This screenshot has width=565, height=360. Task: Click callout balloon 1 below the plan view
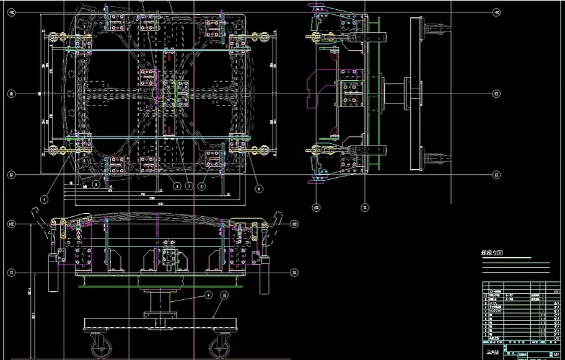pos(44,200)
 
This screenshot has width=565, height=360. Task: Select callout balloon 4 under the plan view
pos(177,185)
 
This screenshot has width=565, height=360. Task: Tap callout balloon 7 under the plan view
pos(189,185)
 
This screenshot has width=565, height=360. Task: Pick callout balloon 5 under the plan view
pos(202,185)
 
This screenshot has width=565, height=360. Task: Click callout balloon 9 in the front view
pos(208,295)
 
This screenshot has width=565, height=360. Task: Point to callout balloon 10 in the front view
pos(224,295)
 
